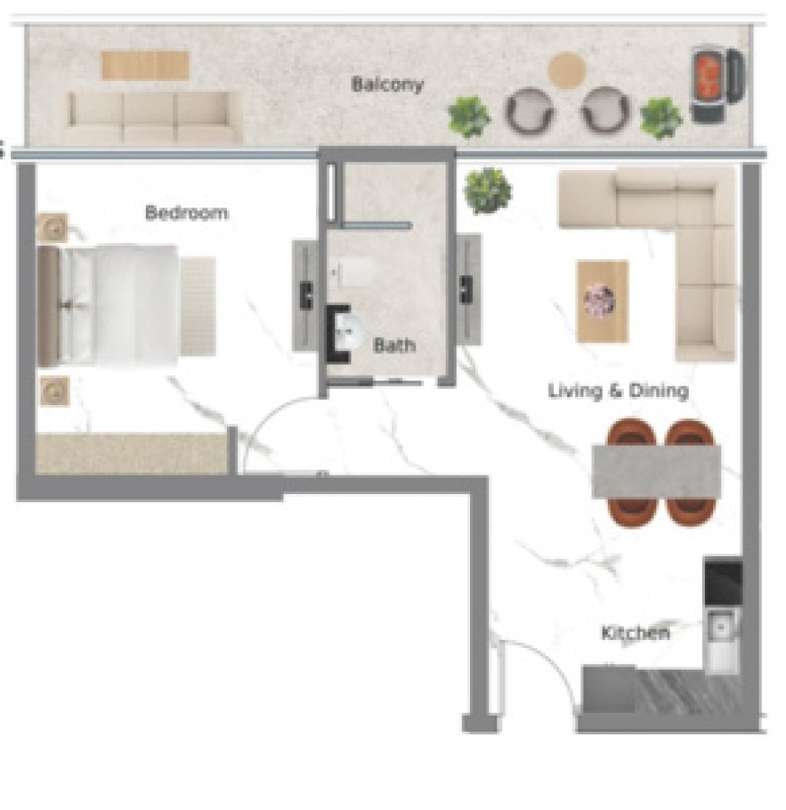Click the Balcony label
coord(387,84)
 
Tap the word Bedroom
coord(186,212)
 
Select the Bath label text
coord(394,345)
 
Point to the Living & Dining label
coord(618,390)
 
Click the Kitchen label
coord(636,633)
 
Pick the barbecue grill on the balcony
coord(717,85)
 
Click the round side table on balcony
coord(567,70)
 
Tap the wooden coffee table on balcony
coord(144,65)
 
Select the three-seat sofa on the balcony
coord(153,117)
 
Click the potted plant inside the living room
coord(488,189)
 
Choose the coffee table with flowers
coord(603,301)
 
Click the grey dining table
coord(656,471)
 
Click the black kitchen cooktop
coord(723,582)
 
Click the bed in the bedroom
coord(108,306)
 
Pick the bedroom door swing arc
coord(269,418)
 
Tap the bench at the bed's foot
coord(198,306)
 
